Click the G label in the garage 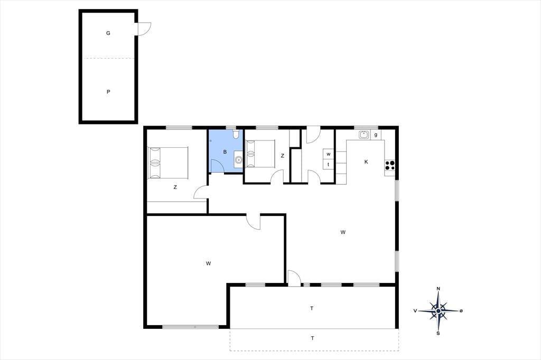(108, 33)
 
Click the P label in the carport (108, 92)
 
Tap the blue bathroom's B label (225, 151)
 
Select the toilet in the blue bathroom (236, 134)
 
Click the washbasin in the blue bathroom (238, 159)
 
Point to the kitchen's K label (366, 162)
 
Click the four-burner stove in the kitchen (390, 165)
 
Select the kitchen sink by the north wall (364, 135)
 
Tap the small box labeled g (376, 135)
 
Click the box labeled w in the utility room (328, 154)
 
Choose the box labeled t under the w (328, 165)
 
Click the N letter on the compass (438, 289)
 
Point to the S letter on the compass (438, 333)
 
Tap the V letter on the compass (415, 311)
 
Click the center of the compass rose (438, 311)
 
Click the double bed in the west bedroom (168, 163)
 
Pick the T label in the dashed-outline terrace (312, 338)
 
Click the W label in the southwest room (208, 263)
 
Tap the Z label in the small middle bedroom (282, 156)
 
